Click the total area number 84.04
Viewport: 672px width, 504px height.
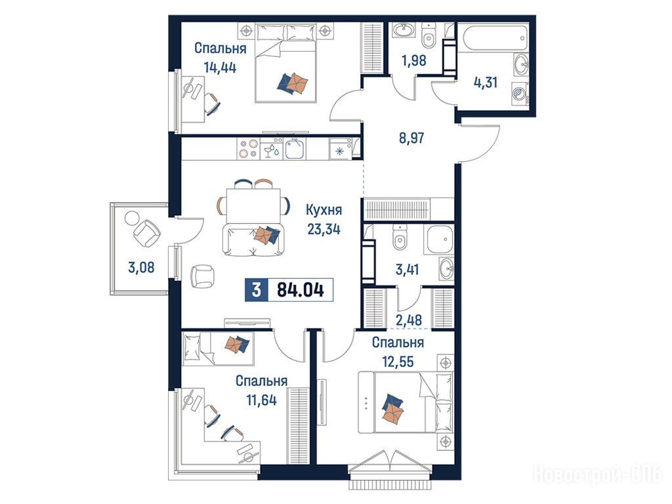[x=301, y=290]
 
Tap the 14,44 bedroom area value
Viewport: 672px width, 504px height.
[x=220, y=68]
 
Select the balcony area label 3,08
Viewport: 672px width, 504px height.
[x=141, y=268]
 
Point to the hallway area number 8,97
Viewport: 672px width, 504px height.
[x=411, y=138]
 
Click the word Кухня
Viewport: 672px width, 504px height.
[x=324, y=210]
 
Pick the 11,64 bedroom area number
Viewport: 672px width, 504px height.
[x=261, y=400]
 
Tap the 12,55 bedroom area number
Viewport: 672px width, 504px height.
[x=398, y=362]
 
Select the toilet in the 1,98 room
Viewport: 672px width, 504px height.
[x=428, y=35]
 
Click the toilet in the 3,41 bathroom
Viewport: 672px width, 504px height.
[x=400, y=238]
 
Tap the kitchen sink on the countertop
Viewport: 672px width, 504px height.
[x=295, y=150]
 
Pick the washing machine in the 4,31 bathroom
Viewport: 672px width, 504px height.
[x=520, y=93]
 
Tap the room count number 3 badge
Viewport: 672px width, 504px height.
[x=257, y=290]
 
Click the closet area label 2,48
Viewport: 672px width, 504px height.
[x=409, y=320]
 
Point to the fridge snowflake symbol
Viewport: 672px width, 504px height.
[x=339, y=151]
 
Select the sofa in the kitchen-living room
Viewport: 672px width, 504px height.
[x=253, y=241]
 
